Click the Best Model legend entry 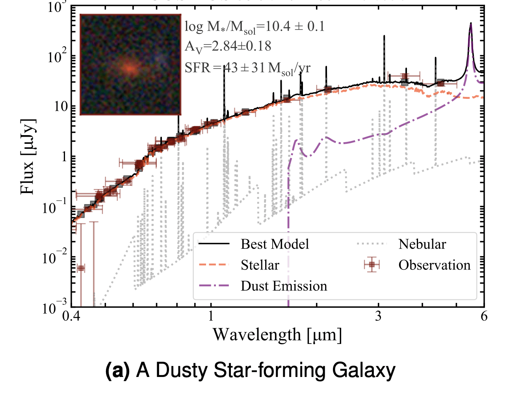tap(275, 244)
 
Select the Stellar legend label tap(260, 265)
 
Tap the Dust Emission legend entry tap(284, 286)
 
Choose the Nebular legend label tap(422, 244)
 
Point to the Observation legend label tap(434, 265)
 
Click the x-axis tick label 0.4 tap(71, 316)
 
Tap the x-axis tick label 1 tap(211, 316)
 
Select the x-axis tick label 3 tap(378, 316)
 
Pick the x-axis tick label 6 tap(484, 316)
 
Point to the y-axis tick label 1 tap(64, 157)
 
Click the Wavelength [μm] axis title tap(277, 335)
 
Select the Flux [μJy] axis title tap(28, 156)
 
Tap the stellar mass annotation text tap(254, 27)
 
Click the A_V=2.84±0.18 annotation tap(228, 46)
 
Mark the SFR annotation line tap(247, 68)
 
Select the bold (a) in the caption tap(117, 371)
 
